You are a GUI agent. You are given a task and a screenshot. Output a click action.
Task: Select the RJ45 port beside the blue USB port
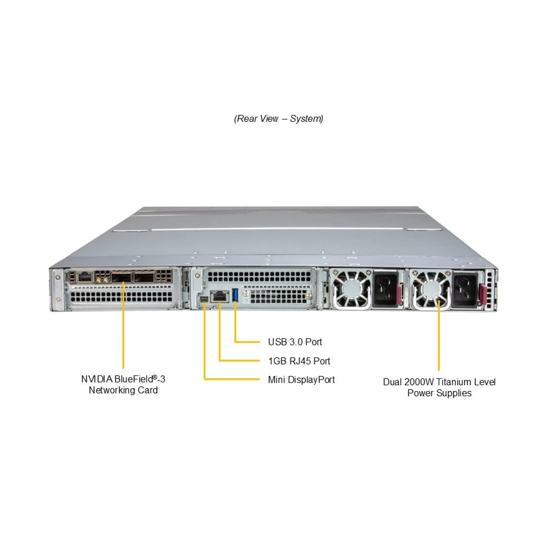click(x=220, y=296)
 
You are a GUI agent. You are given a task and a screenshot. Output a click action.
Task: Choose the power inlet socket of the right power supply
click(x=464, y=290)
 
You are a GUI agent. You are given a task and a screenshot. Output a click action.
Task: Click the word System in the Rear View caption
click(x=306, y=119)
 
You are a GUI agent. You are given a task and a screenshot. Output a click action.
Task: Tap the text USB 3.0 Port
click(x=295, y=342)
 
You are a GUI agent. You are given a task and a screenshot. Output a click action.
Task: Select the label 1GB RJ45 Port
click(x=299, y=361)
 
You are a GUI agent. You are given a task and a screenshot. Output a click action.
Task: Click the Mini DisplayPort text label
click(x=301, y=380)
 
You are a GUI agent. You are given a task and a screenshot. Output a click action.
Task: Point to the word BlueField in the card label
click(x=134, y=379)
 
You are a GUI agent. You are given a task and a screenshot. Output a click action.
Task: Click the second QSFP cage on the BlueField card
click(x=144, y=278)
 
